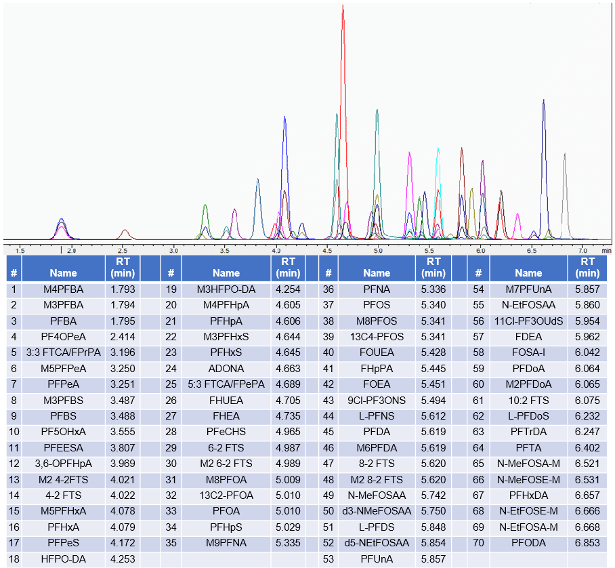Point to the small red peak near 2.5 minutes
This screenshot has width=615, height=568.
pos(125,232)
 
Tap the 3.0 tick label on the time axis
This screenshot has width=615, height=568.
pos(174,250)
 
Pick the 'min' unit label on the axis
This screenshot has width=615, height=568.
pos(606,250)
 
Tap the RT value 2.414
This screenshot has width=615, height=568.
pos(122,336)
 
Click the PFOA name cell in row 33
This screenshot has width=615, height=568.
pos(226,510)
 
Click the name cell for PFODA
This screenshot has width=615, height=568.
pos(528,542)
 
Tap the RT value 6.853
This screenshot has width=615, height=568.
pos(588,542)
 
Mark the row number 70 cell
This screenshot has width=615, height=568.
pos(478,542)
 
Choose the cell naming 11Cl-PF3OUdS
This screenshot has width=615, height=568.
pos(528,321)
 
